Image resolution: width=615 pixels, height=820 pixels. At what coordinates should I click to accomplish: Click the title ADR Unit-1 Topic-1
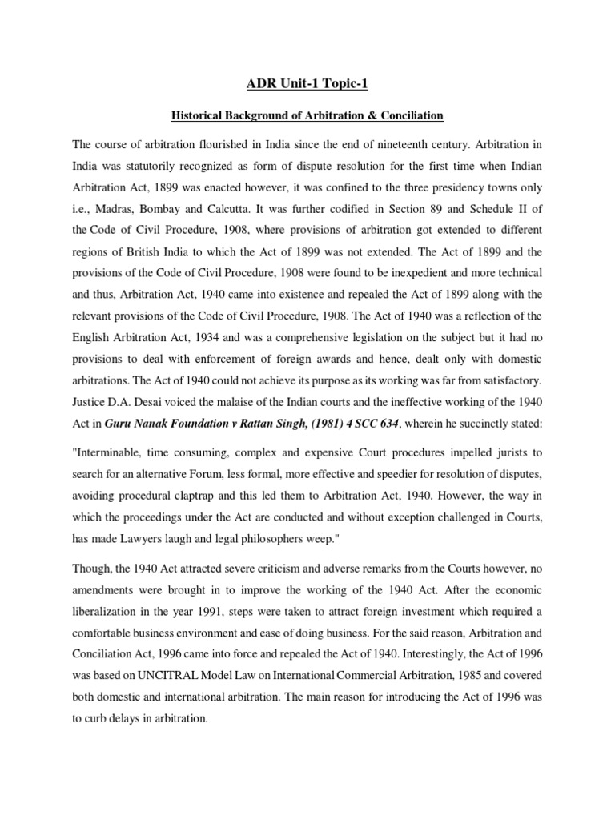click(x=307, y=83)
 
